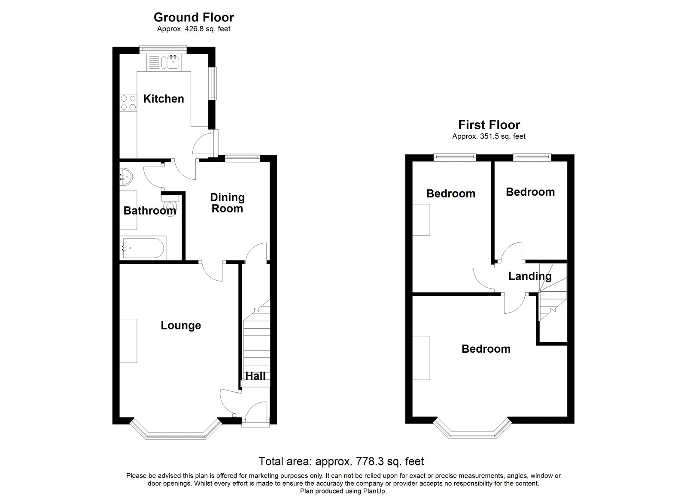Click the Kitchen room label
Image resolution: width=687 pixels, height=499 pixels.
[163, 99]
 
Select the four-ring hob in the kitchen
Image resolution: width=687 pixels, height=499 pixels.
[127, 103]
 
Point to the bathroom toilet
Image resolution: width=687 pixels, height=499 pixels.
[171, 207]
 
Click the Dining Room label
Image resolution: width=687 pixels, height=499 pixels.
[227, 203]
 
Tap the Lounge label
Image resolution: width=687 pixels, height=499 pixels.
[181, 326]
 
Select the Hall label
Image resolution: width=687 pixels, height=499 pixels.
[255, 376]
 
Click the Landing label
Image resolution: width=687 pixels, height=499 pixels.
[529, 276]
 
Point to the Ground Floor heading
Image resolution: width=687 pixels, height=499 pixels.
[194, 18]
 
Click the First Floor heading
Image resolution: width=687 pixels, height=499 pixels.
[489, 125]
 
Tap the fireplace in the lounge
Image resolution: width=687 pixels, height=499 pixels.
[128, 341]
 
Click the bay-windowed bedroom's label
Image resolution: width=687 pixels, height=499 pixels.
[486, 349]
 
